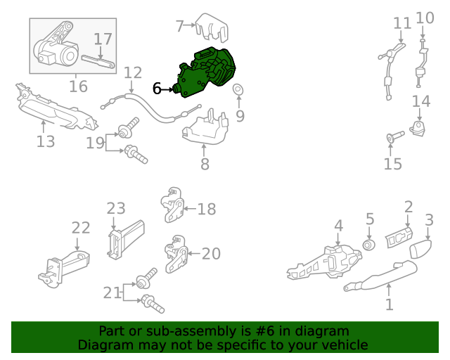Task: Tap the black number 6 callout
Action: (x=157, y=89)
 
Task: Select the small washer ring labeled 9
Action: (x=238, y=89)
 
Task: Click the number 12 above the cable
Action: (x=133, y=73)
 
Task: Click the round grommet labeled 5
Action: (x=369, y=245)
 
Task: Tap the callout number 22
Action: (x=81, y=228)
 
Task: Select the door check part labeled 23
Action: (x=126, y=240)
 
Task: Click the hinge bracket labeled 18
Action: (x=172, y=205)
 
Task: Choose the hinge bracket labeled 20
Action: (x=176, y=254)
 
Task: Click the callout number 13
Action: (x=46, y=141)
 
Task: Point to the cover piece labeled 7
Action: (x=212, y=28)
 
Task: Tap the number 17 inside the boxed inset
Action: (x=103, y=39)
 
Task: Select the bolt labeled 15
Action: (x=395, y=136)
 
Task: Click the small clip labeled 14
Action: (x=418, y=128)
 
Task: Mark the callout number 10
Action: (x=425, y=18)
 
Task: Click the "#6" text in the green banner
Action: (x=264, y=331)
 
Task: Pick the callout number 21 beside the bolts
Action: (x=112, y=293)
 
